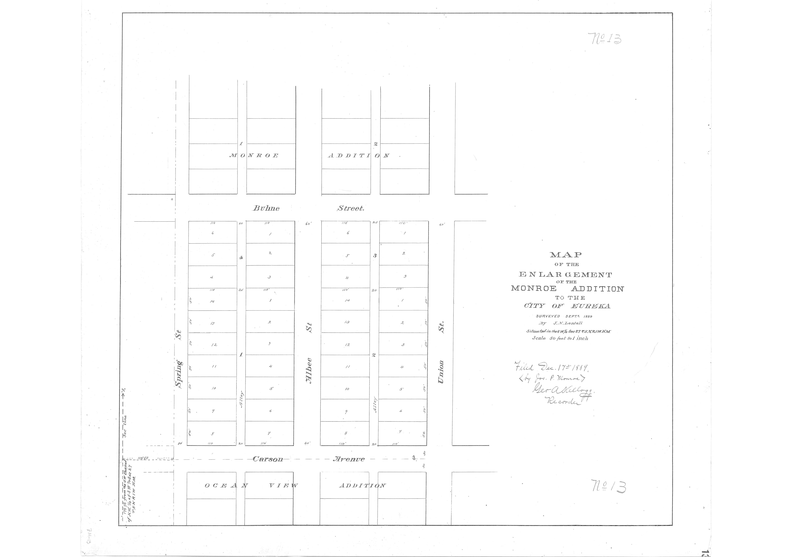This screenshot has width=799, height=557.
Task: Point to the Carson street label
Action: coord(268,459)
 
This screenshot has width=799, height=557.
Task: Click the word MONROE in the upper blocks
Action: coord(254,156)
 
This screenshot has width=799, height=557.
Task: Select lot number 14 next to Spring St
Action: coord(212,301)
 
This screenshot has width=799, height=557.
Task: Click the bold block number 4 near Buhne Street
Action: coord(241,258)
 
